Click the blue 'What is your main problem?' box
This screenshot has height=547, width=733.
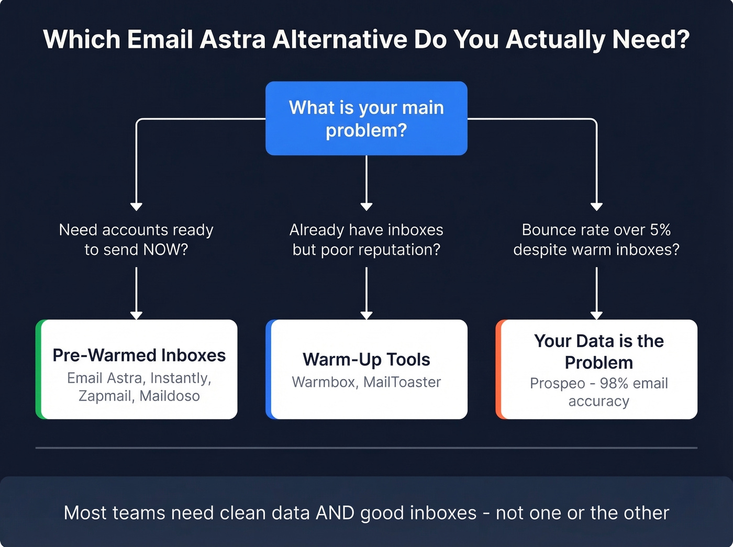[366, 118]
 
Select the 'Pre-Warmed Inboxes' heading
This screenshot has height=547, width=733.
[139, 355]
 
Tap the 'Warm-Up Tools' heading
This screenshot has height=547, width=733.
[366, 360]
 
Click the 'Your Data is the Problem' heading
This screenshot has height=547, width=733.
[598, 351]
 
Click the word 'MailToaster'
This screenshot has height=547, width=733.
[402, 382]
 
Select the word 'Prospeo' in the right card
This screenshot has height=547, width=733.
[557, 383]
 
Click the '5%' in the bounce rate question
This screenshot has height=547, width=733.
[660, 230]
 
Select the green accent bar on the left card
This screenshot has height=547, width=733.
[39, 369]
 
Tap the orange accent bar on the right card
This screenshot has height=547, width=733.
[499, 369]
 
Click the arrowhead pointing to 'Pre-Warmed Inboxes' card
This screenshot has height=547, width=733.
[136, 315]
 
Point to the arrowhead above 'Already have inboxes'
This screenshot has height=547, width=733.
[366, 207]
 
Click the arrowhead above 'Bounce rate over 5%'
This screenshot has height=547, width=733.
[596, 207]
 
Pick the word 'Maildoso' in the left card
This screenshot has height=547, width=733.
[170, 396]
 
